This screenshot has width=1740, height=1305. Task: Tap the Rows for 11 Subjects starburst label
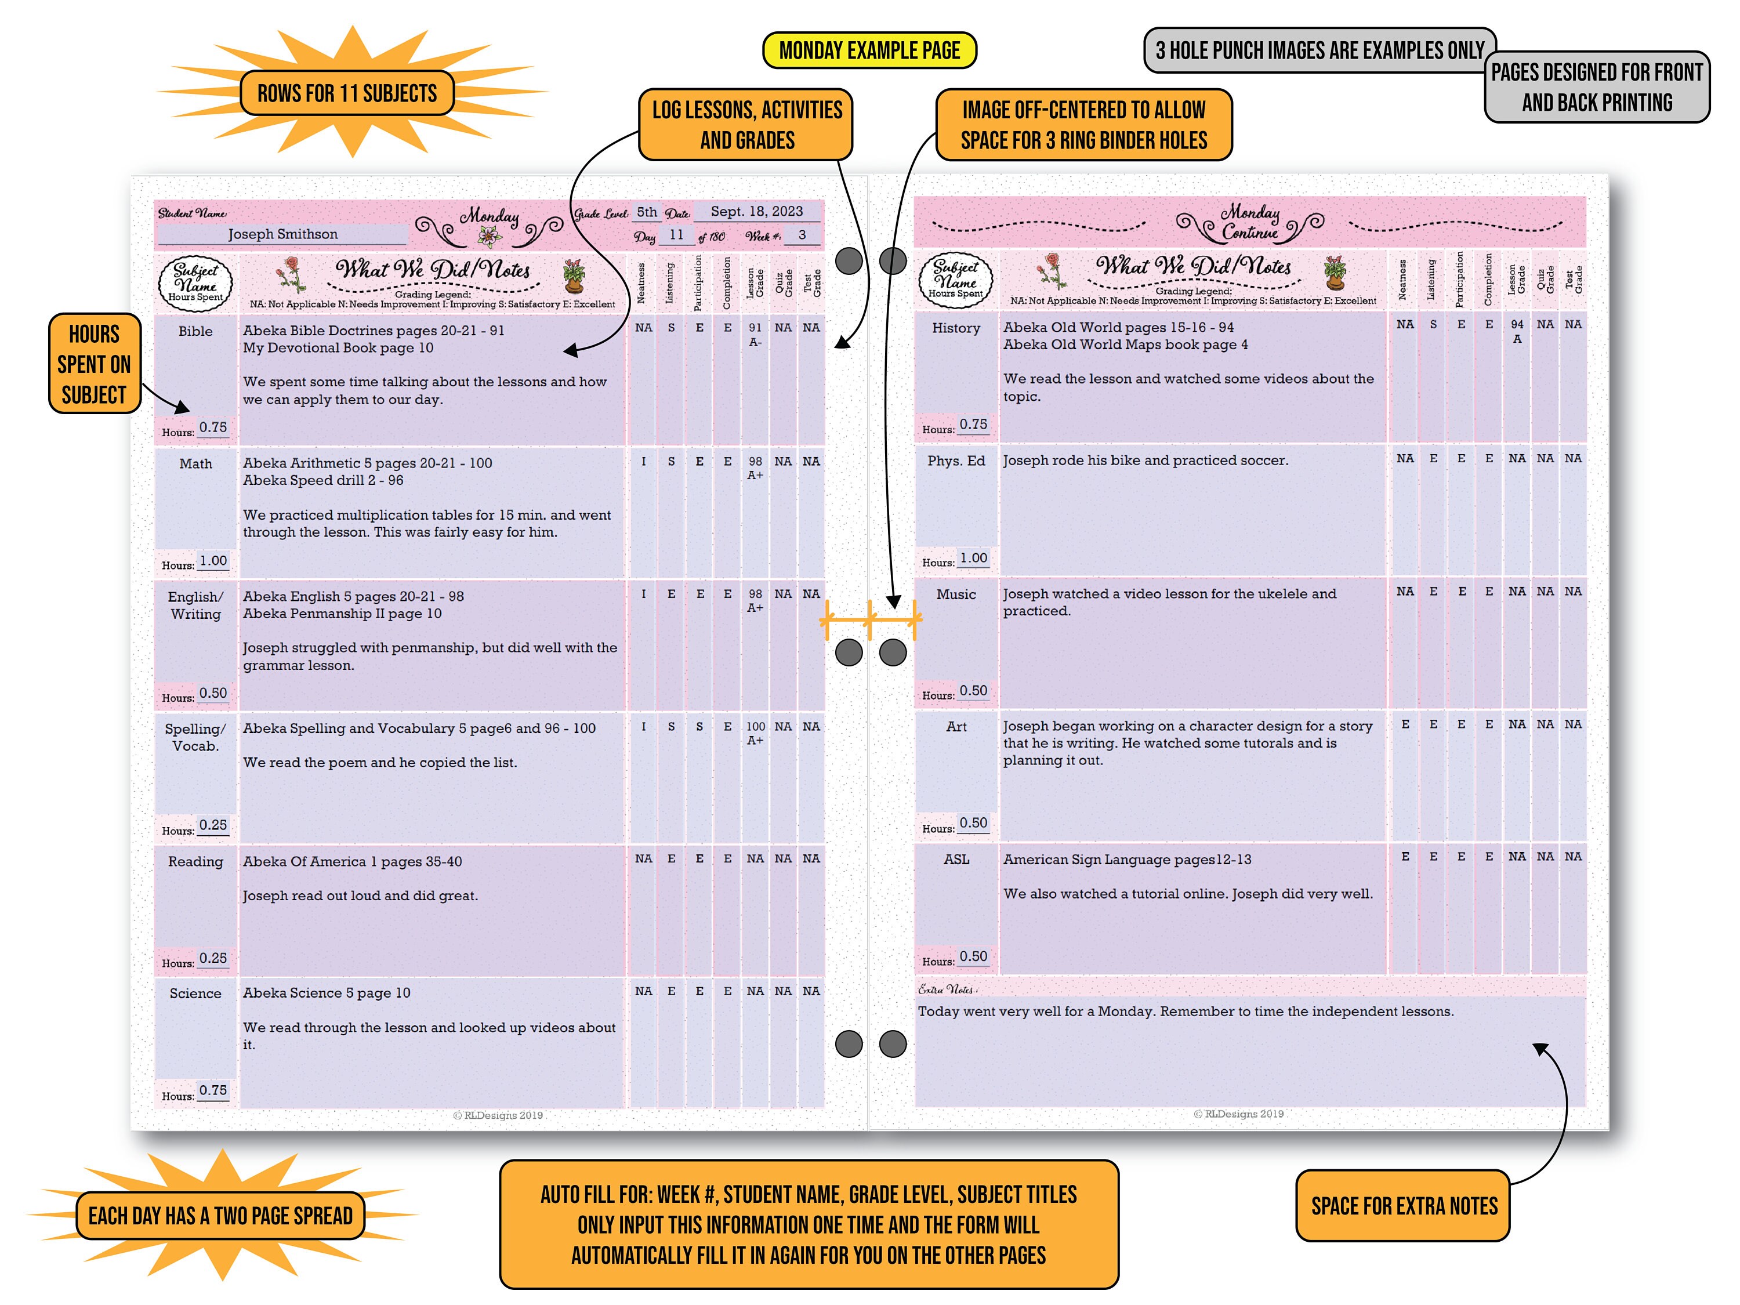346,93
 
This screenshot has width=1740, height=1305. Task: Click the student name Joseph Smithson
282,234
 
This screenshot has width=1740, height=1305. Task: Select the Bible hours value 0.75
212,427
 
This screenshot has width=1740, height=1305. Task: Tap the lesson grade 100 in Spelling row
755,726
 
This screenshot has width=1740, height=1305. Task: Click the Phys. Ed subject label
956,460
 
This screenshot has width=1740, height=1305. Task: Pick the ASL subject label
956,859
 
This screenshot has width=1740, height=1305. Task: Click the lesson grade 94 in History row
1517,324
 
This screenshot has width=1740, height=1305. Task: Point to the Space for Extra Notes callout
1404,1206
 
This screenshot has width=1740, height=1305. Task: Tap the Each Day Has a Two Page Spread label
220,1215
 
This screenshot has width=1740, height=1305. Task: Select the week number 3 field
802,234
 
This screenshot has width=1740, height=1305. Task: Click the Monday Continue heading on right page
1250,222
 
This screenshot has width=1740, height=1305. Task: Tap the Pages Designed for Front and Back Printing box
1596,88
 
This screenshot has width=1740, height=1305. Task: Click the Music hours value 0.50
973,690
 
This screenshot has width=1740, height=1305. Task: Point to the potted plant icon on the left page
574,275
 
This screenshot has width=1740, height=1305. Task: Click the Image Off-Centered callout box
1083,124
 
